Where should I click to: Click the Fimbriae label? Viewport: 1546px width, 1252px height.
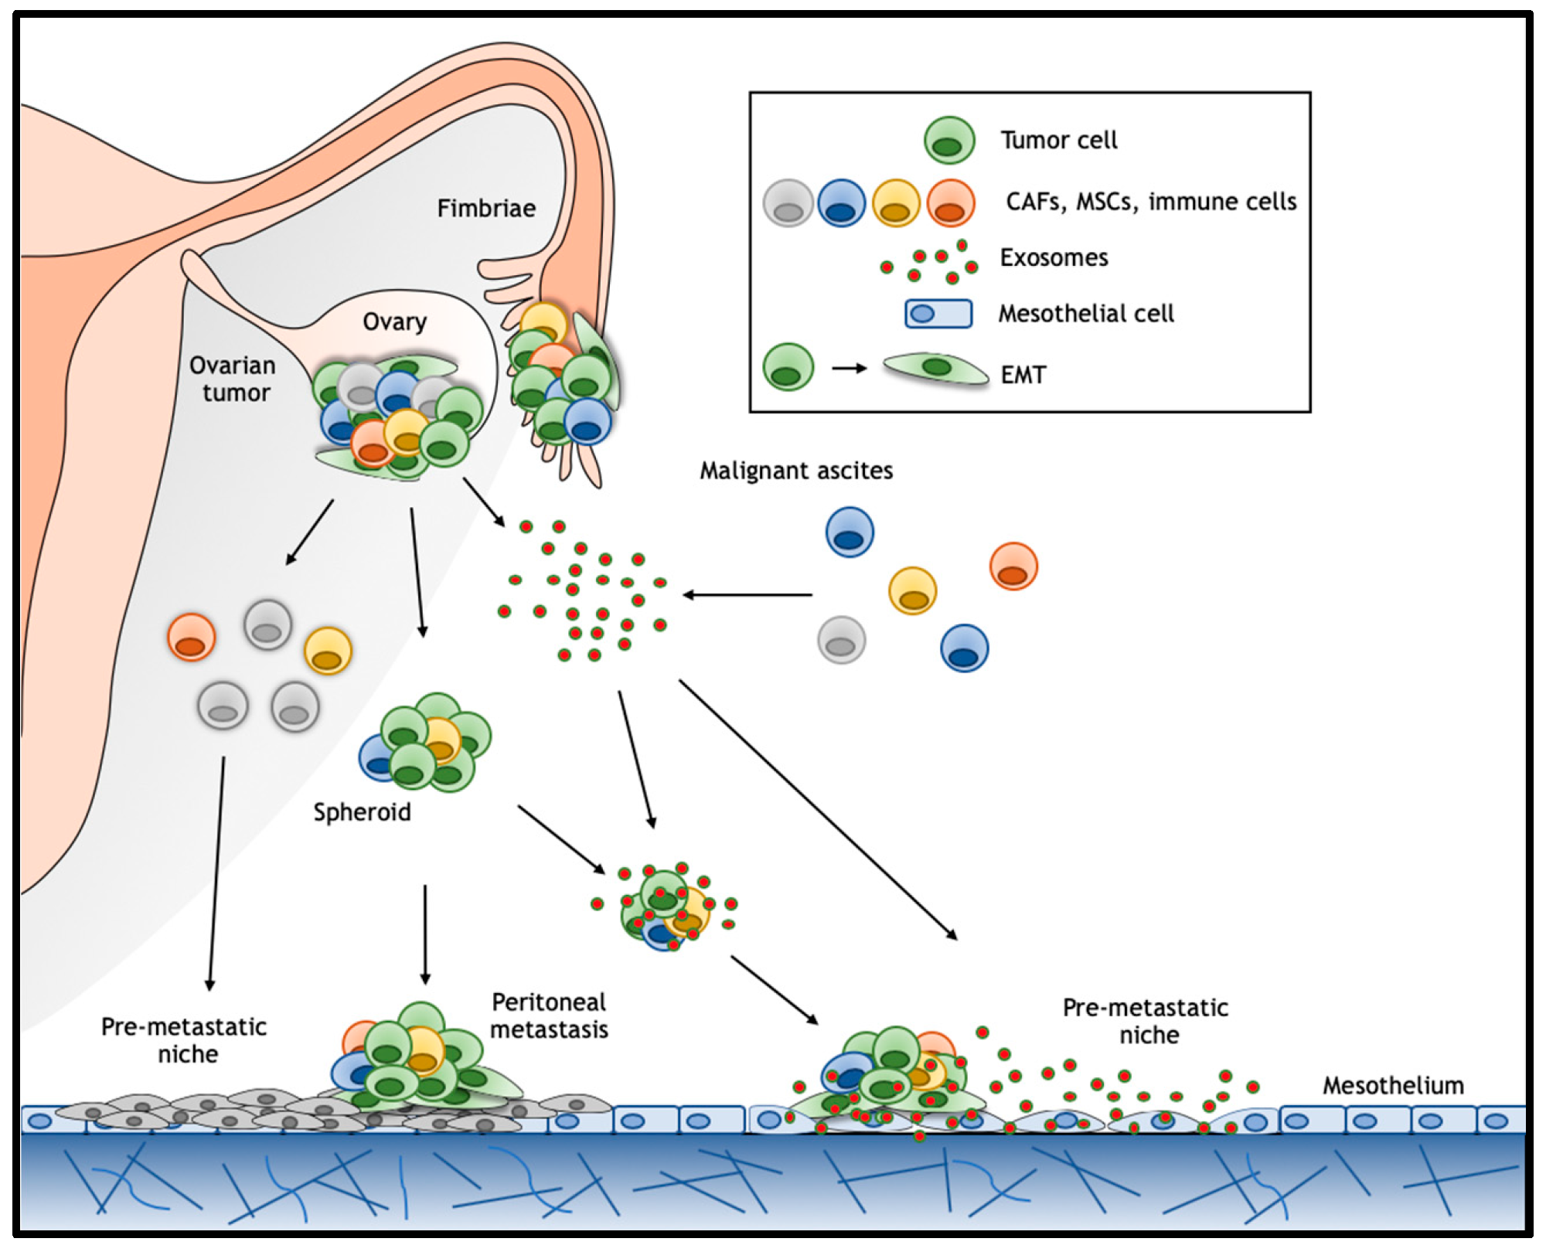[x=486, y=209]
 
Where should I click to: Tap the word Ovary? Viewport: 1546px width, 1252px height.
[x=394, y=322]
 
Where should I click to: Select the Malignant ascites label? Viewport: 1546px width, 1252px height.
[x=796, y=471]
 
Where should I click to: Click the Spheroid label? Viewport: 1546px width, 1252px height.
[x=362, y=812]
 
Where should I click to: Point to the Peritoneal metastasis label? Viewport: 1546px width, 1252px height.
[x=549, y=1016]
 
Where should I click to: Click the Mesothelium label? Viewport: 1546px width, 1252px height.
[x=1393, y=1086]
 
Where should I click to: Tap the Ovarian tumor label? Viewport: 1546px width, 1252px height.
[x=233, y=379]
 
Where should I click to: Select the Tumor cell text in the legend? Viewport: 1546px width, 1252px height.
[x=1058, y=141]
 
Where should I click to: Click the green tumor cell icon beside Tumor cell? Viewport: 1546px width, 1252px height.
[x=949, y=141]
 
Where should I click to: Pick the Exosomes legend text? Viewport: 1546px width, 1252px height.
[x=1054, y=257]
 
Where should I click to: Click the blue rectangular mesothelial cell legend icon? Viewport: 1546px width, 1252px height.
[x=938, y=314]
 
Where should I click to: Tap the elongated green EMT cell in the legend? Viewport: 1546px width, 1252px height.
[x=936, y=368]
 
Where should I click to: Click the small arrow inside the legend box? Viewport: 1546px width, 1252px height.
[x=849, y=369]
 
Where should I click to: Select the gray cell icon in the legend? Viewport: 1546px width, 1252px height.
[x=788, y=203]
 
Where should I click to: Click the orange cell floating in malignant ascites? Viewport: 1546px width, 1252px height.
[x=1013, y=566]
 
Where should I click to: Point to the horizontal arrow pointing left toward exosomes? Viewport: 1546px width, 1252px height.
[x=747, y=595]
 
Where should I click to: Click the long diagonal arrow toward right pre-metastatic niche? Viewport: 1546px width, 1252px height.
[x=818, y=809]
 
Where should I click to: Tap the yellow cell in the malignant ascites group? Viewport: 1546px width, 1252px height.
[x=913, y=590]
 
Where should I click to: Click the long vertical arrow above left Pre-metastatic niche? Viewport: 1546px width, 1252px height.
[x=216, y=873]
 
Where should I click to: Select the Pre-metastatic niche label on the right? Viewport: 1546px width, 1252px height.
[x=1146, y=1021]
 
